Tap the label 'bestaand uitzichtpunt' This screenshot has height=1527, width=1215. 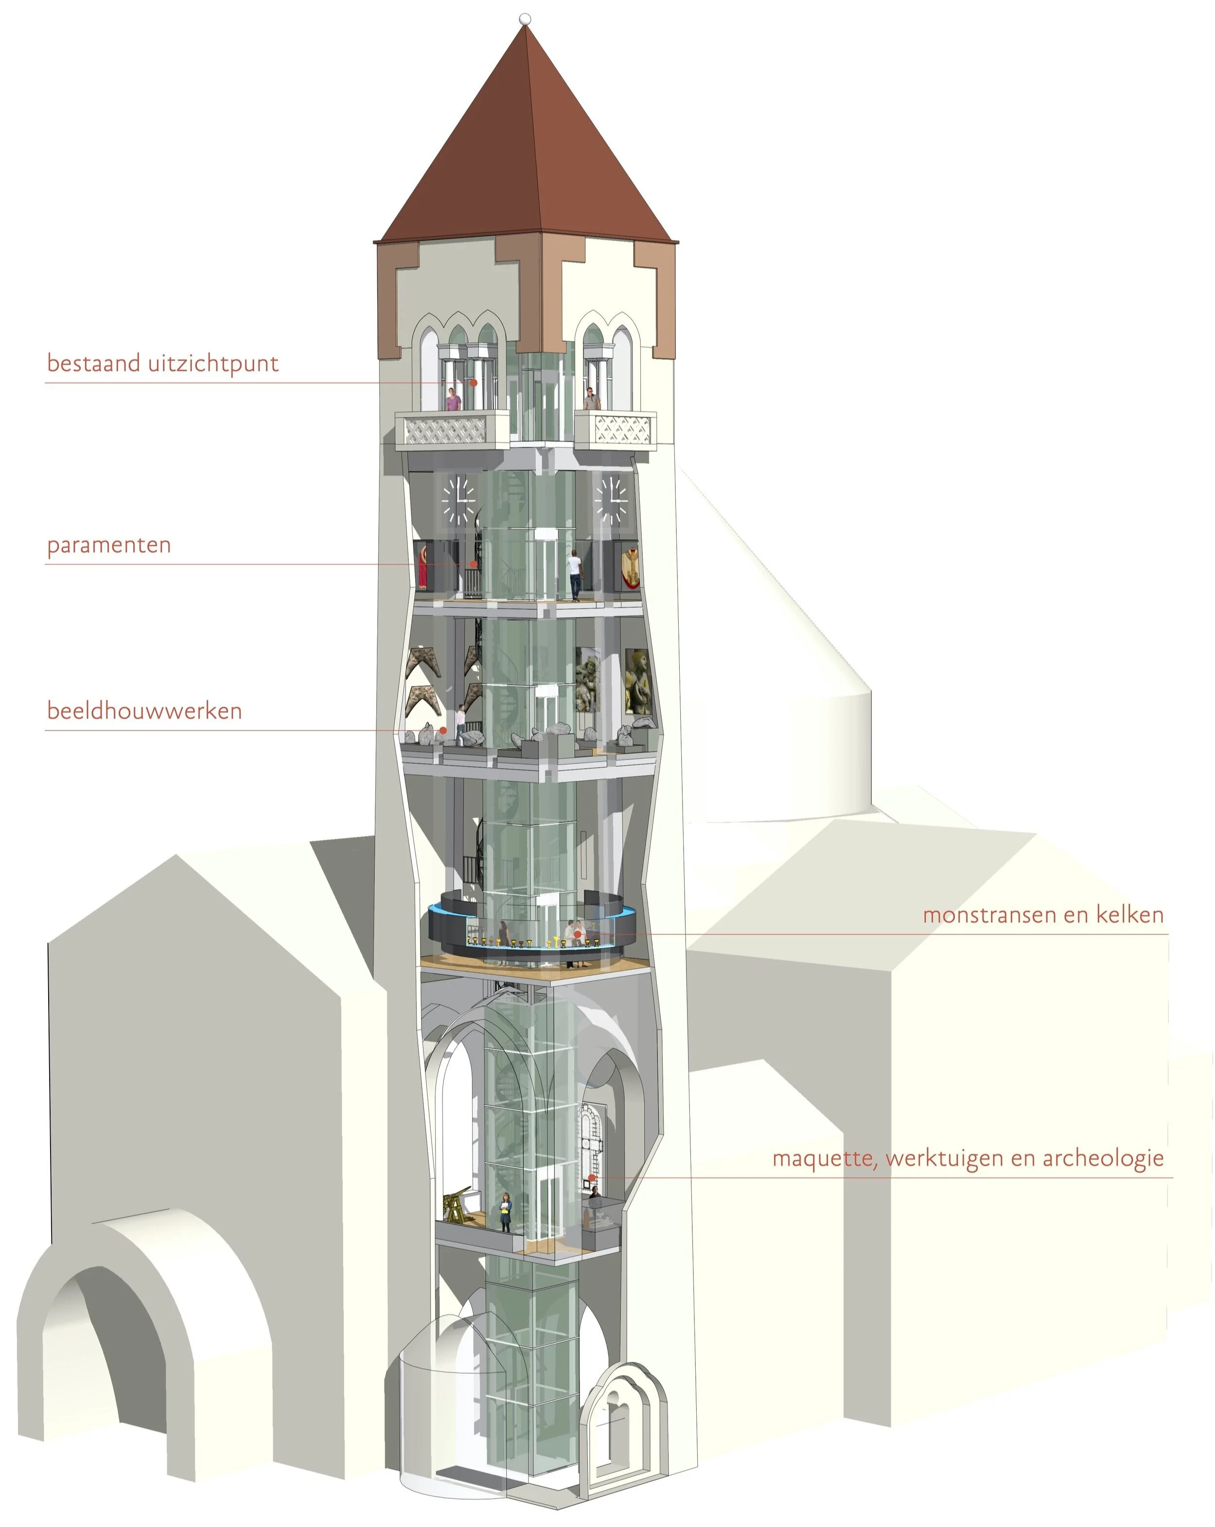[162, 363]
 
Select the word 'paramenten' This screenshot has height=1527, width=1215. [109, 545]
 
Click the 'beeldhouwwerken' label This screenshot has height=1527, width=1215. [144, 711]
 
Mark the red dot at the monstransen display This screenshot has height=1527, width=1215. [578, 935]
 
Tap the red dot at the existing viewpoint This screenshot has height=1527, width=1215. [473, 383]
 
